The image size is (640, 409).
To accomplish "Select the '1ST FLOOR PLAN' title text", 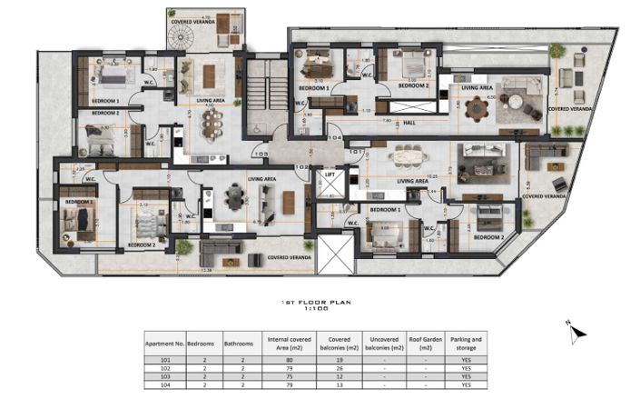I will click(x=315, y=302).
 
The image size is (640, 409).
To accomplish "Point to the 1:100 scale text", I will click(x=315, y=309).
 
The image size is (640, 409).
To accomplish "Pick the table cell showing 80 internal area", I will click(x=290, y=361).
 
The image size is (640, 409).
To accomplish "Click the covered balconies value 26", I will click(x=339, y=368).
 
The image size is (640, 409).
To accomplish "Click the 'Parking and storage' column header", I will click(x=465, y=344).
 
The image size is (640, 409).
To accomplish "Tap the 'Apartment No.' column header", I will click(x=164, y=344).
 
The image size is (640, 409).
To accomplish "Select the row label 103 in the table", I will click(x=164, y=376).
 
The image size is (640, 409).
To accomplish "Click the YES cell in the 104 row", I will click(x=465, y=384).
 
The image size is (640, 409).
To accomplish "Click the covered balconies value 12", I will click(x=339, y=376).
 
